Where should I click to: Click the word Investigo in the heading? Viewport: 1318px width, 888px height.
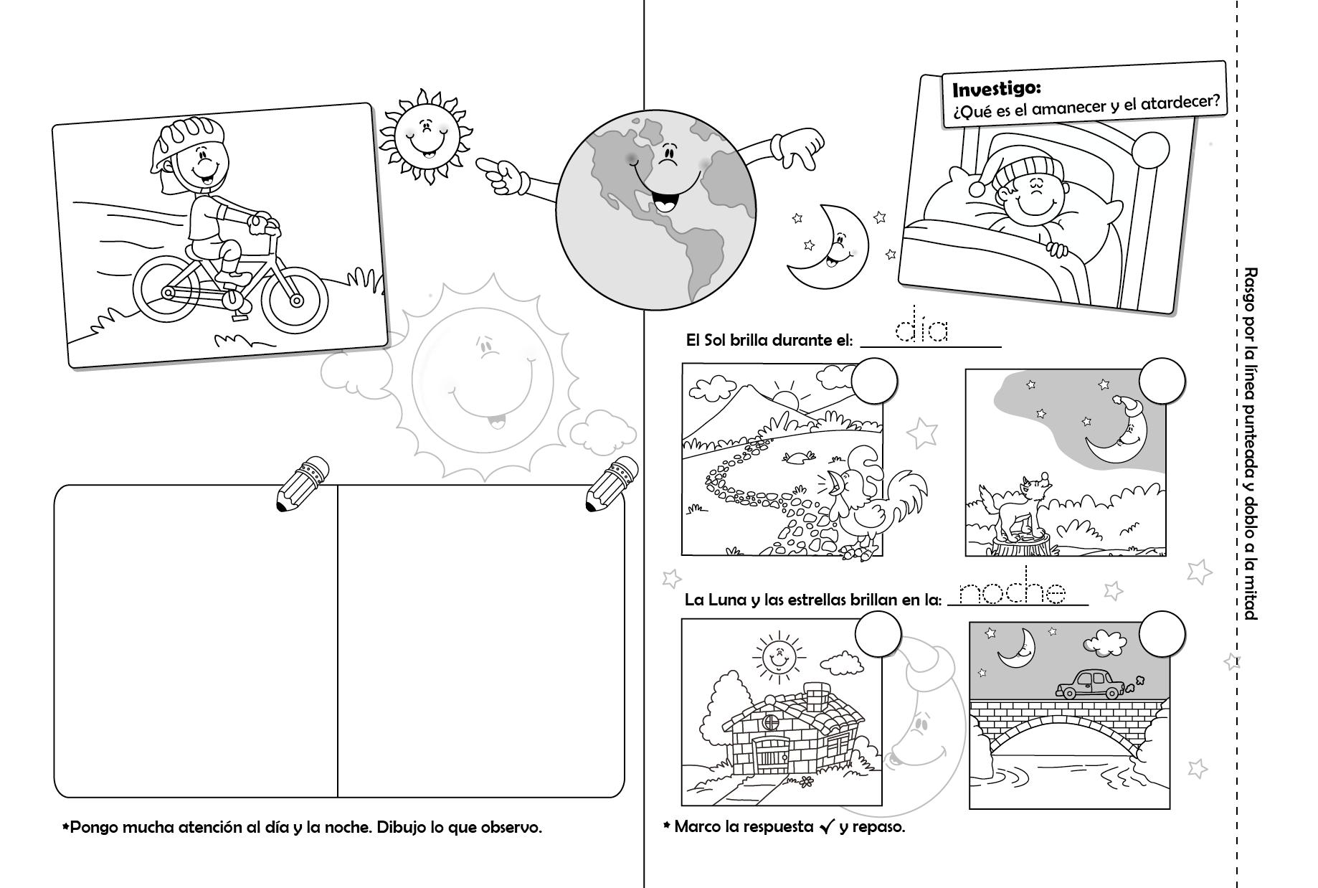click(x=995, y=90)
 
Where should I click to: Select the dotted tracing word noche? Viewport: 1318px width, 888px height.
click(x=1013, y=592)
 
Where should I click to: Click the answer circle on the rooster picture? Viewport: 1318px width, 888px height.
click(x=874, y=380)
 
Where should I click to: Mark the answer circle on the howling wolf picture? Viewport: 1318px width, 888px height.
click(x=1162, y=380)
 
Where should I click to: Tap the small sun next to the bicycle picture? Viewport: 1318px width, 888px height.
click(x=425, y=137)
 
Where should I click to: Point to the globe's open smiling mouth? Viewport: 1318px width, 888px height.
click(x=665, y=203)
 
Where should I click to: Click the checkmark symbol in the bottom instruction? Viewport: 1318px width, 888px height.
click(x=827, y=827)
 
